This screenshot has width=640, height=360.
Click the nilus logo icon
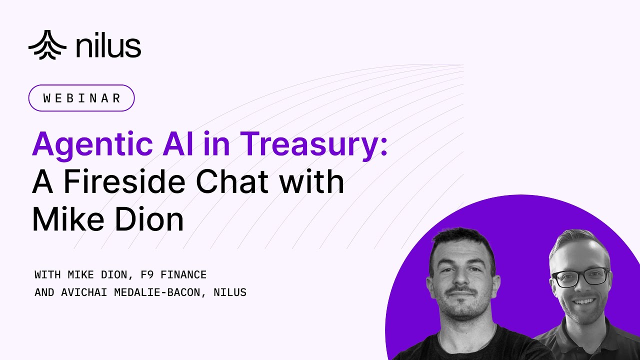(x=47, y=45)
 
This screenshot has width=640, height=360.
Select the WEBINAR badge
(x=81, y=98)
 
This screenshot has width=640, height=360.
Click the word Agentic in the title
(x=92, y=144)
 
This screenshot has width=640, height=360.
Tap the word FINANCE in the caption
(x=181, y=274)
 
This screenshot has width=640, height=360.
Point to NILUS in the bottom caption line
(x=230, y=292)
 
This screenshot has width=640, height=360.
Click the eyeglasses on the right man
(x=580, y=277)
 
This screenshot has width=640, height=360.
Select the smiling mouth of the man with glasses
(x=584, y=301)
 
